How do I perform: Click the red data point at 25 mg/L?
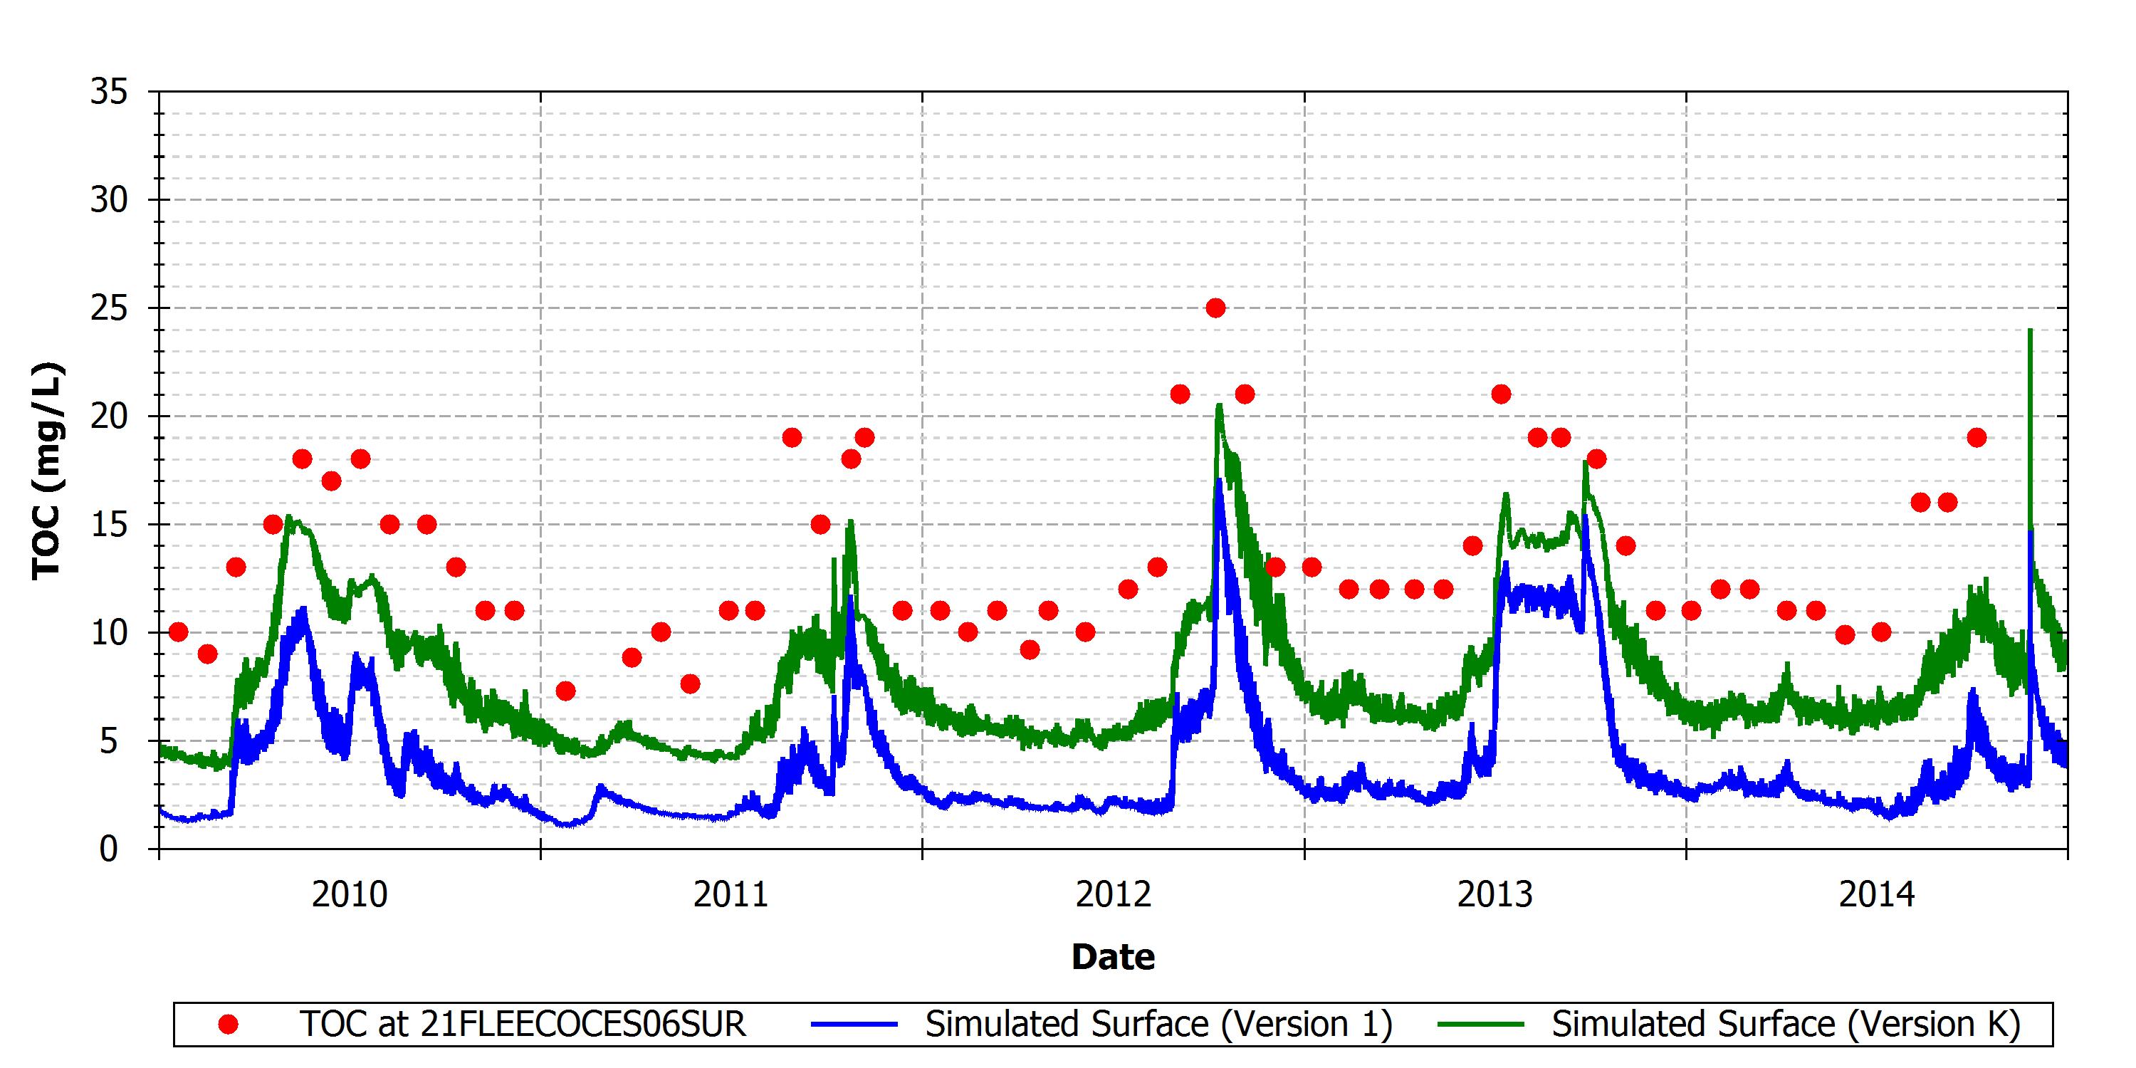[1215, 308]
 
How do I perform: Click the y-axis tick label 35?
[110, 92]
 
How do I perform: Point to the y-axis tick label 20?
[110, 417]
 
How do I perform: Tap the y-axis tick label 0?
[109, 849]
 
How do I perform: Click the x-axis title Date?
[1113, 957]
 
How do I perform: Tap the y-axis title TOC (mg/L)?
[46, 471]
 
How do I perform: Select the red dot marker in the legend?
[228, 1025]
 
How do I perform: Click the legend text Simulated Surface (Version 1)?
[1158, 1025]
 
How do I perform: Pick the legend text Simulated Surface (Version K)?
[1786, 1025]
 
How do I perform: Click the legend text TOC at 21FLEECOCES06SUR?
[523, 1025]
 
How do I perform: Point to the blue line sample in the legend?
[854, 1025]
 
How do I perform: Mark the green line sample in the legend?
[1481, 1025]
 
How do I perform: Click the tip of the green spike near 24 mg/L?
[2030, 329]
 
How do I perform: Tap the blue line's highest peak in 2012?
[1219, 479]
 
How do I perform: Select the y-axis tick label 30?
[110, 200]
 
